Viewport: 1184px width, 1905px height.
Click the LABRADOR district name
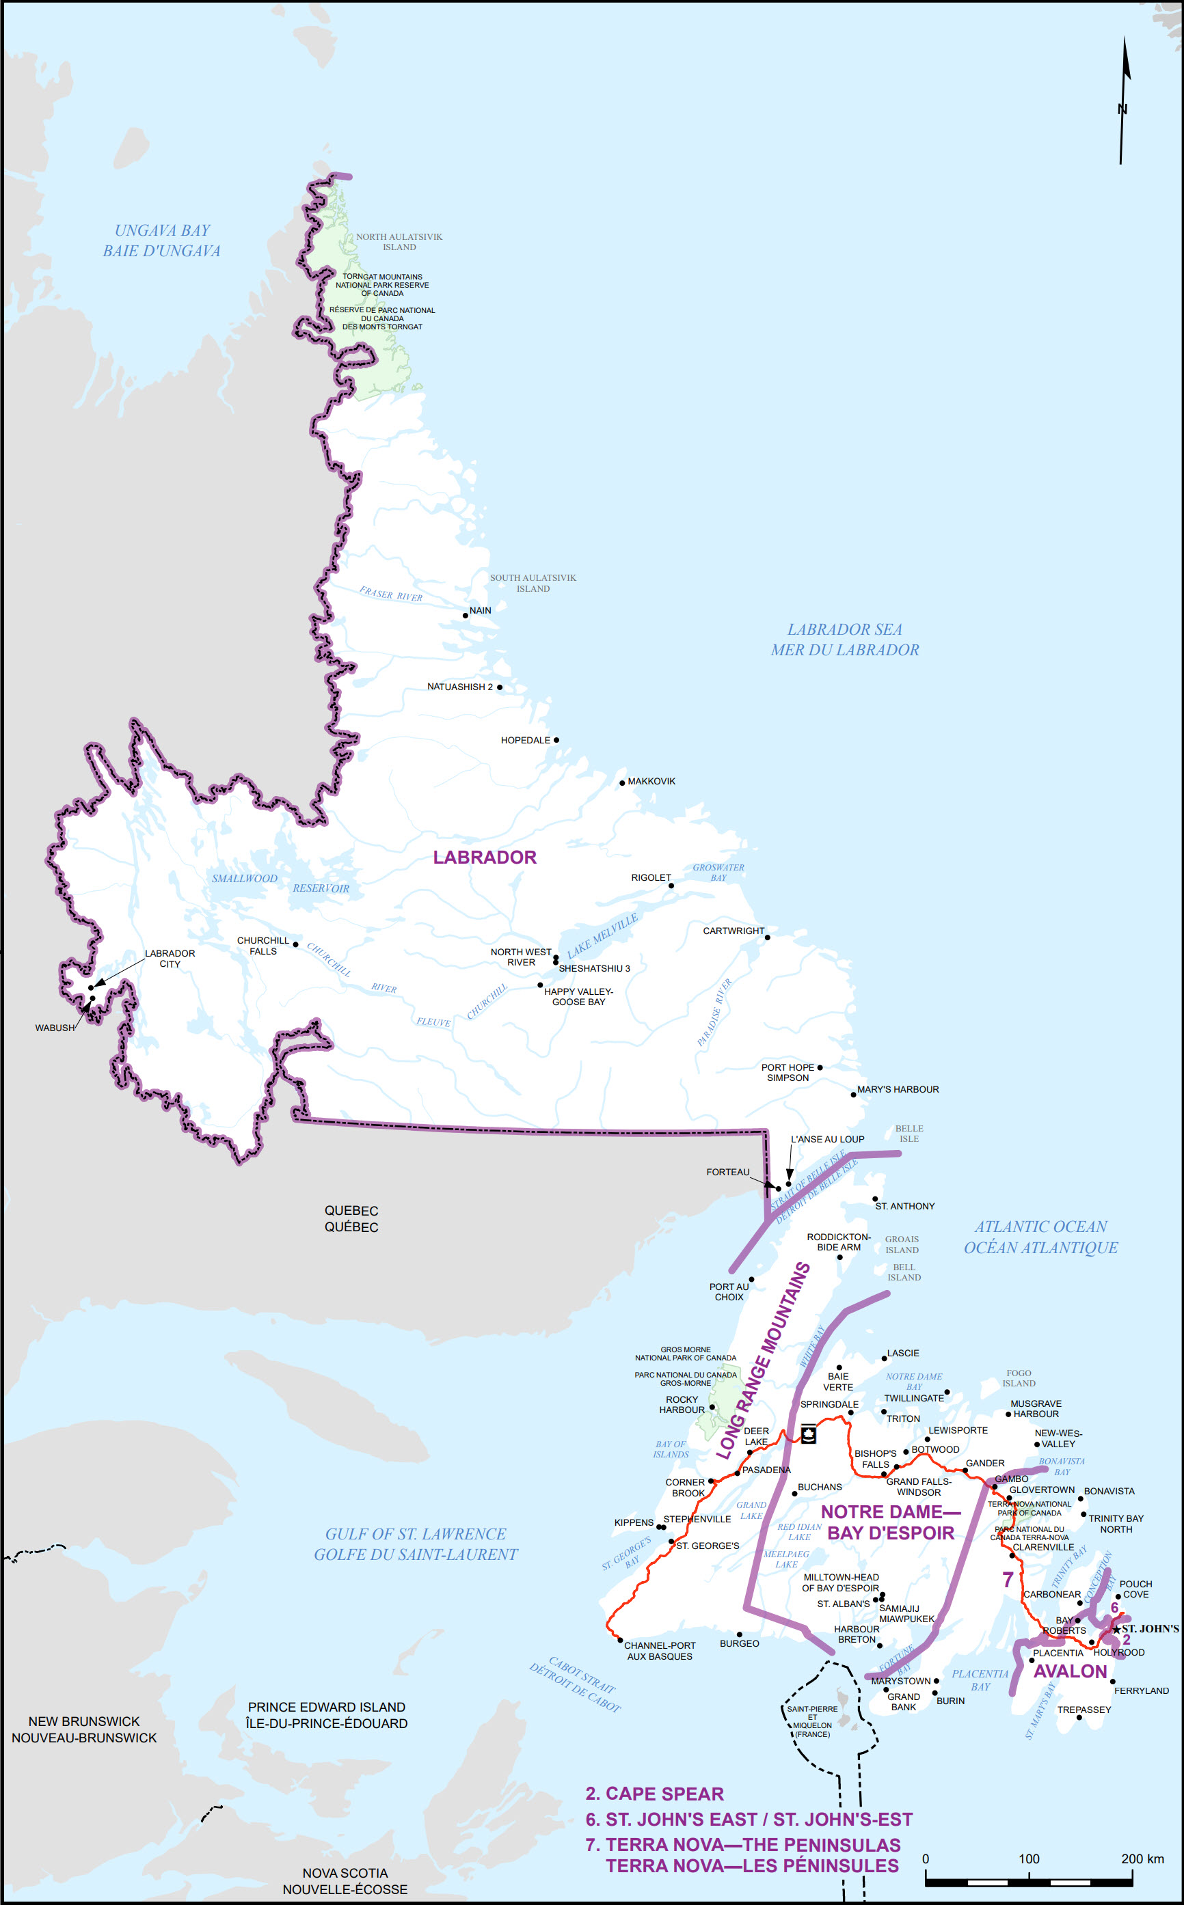coord(485,857)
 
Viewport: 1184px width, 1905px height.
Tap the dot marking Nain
coord(465,615)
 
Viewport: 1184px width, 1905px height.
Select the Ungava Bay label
coord(162,241)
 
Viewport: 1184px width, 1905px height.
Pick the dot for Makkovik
coord(623,782)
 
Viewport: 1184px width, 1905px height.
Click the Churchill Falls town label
coord(263,946)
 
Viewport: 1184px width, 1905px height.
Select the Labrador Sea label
coord(844,640)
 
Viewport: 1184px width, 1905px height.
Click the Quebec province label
coord(351,1218)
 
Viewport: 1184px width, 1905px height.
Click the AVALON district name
coord(1070,1672)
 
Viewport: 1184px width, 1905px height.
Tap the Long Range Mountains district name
coord(764,1361)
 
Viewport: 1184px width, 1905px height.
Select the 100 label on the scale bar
coord(1028,1859)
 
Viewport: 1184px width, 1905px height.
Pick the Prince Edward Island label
coord(327,1715)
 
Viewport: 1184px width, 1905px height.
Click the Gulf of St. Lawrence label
coord(416,1544)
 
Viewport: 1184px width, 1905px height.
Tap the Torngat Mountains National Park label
coord(382,285)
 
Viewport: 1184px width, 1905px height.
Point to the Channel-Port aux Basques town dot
coord(620,1640)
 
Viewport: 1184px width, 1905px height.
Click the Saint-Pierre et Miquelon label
coord(812,1721)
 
